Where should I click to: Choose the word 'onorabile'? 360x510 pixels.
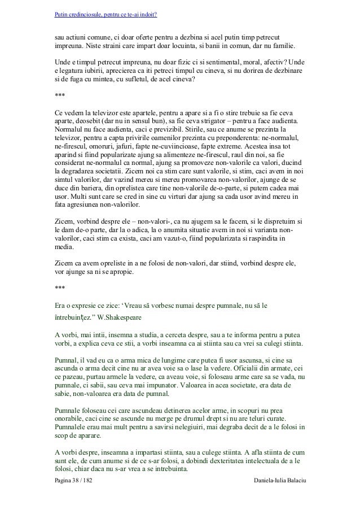pyautogui.click(x=71, y=417)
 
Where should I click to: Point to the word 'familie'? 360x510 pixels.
pyautogui.click(x=287, y=45)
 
